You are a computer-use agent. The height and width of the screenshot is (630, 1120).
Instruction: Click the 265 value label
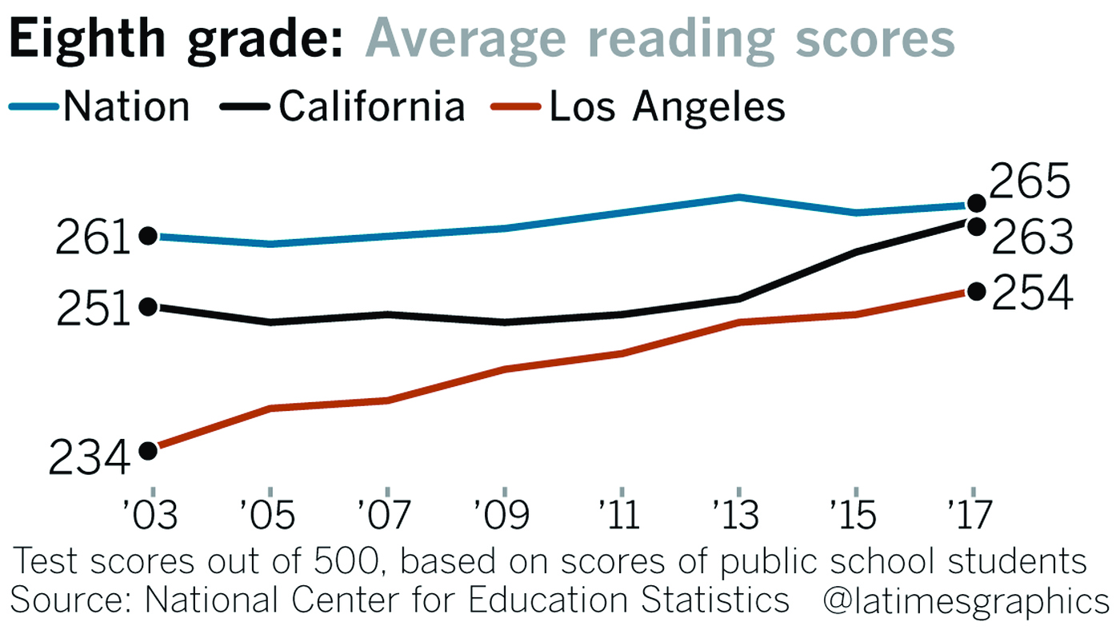(x=1030, y=184)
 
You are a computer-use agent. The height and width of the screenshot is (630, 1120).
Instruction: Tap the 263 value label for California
(x=1031, y=237)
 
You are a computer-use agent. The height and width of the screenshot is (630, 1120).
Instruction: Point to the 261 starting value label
(x=93, y=239)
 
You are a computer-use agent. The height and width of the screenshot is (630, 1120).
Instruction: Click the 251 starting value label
(x=93, y=310)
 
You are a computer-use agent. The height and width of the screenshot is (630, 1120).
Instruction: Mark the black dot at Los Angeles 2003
(x=148, y=450)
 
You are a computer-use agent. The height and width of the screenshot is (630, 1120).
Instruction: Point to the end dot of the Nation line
(x=976, y=203)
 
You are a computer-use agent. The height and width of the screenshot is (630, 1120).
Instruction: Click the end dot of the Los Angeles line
(x=976, y=291)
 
